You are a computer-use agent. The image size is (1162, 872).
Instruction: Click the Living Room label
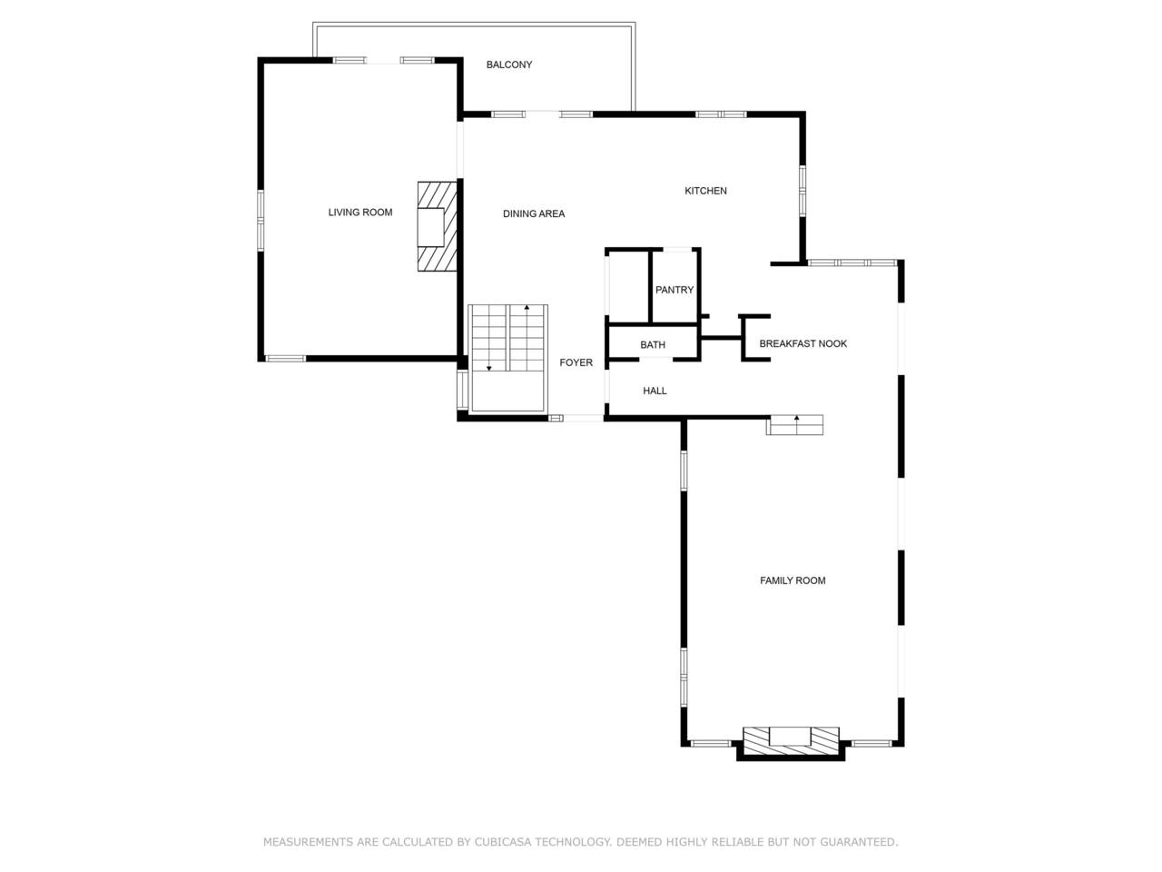click(360, 213)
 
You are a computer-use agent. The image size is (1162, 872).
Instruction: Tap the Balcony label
click(508, 64)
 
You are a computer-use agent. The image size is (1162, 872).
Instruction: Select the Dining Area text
click(534, 213)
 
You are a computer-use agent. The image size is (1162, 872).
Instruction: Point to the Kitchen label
click(705, 191)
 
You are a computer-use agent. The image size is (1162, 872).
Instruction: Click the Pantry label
click(674, 290)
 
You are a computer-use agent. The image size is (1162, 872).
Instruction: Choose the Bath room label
click(652, 345)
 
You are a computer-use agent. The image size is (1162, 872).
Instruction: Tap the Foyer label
click(576, 362)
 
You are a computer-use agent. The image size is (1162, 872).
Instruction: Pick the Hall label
click(655, 391)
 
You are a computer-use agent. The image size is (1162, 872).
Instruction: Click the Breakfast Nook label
click(803, 343)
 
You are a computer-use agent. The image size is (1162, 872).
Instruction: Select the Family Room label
click(792, 580)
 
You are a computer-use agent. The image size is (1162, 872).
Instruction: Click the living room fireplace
click(437, 226)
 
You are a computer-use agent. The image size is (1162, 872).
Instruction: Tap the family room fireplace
click(791, 740)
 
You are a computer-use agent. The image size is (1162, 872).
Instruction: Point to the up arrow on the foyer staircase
click(527, 337)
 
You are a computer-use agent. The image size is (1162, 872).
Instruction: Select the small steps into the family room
click(794, 425)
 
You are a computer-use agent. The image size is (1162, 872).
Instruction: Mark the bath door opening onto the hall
click(656, 360)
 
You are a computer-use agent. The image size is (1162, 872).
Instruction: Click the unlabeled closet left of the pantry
click(628, 286)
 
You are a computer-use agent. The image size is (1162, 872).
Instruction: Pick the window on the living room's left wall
click(261, 220)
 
